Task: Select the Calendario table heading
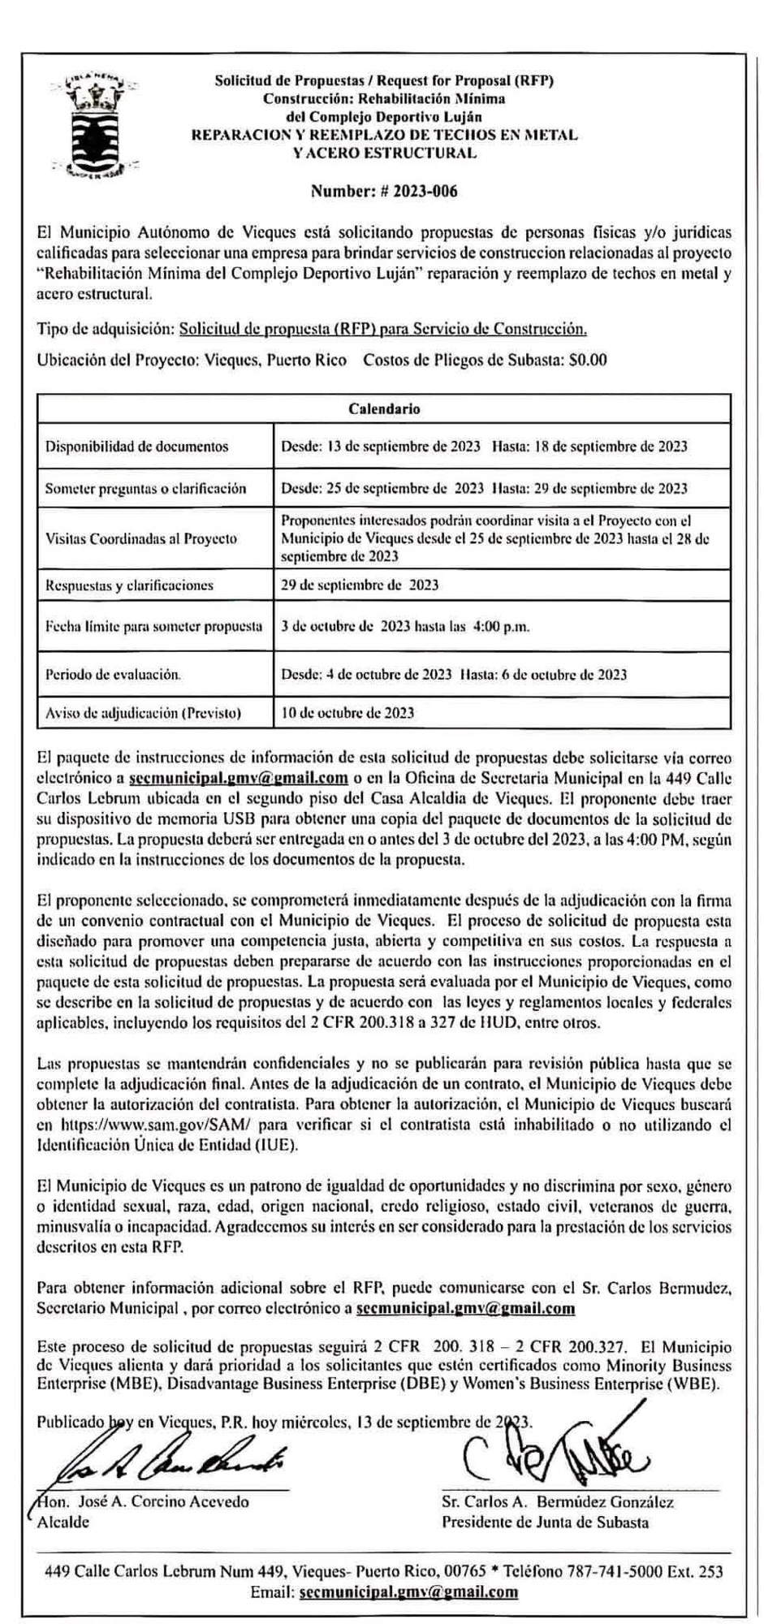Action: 384,408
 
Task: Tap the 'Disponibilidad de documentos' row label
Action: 136,447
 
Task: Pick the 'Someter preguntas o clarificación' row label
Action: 145,489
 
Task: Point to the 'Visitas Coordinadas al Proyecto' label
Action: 141,538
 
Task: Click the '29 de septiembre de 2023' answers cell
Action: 360,585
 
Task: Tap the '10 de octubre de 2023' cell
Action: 347,713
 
